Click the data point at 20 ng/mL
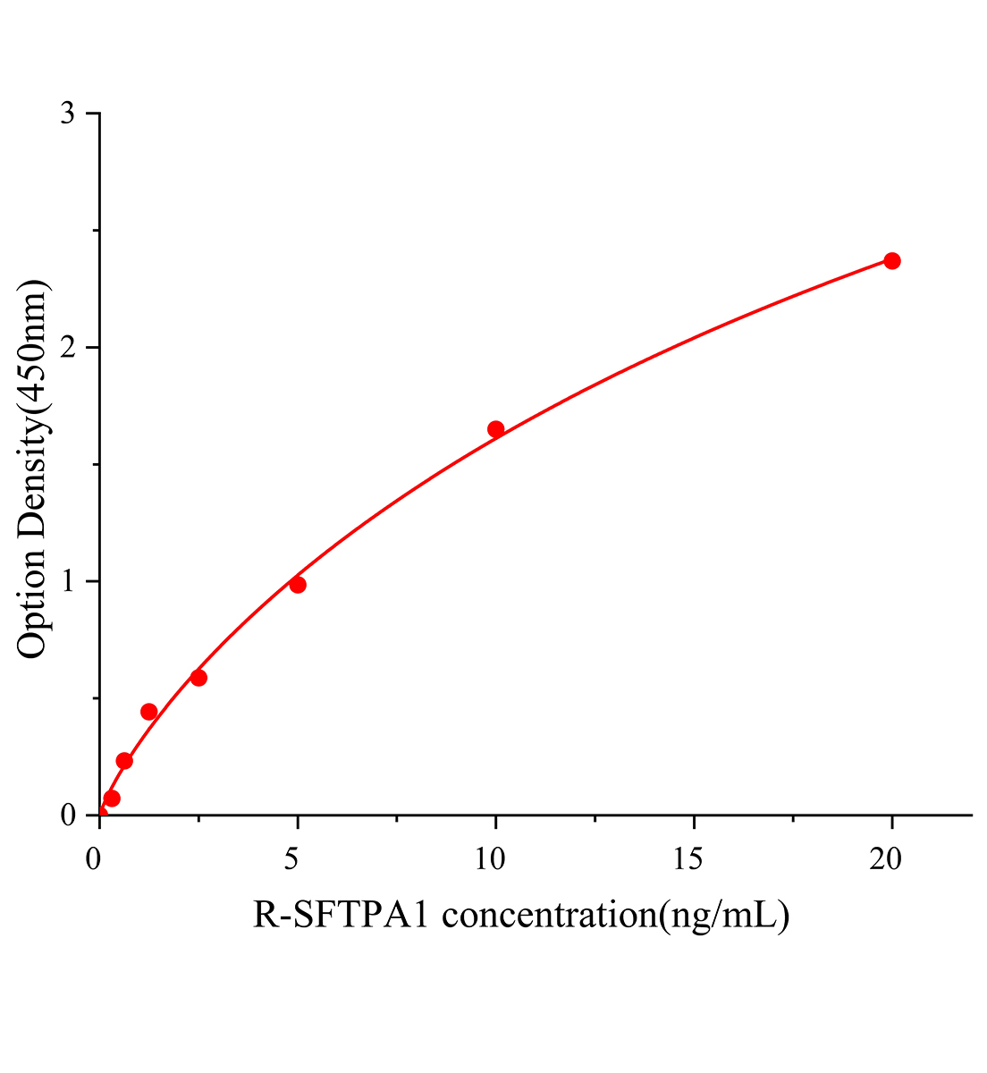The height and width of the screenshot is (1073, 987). [891, 260]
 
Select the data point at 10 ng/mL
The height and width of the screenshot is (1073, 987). [495, 429]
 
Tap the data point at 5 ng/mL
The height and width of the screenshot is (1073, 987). [298, 585]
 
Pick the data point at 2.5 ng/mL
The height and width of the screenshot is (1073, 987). [198, 678]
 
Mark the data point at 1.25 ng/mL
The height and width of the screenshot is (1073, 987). [149, 712]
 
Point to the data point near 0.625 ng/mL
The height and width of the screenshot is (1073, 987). [124, 761]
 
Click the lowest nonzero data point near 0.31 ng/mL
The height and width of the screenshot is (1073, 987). [112, 798]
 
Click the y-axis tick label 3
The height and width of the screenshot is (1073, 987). [68, 114]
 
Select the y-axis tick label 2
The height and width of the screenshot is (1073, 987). [68, 348]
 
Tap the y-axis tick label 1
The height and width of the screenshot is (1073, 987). [68, 581]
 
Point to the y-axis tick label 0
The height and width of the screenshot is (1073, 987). [68, 815]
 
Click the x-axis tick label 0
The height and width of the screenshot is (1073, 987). [94, 859]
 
